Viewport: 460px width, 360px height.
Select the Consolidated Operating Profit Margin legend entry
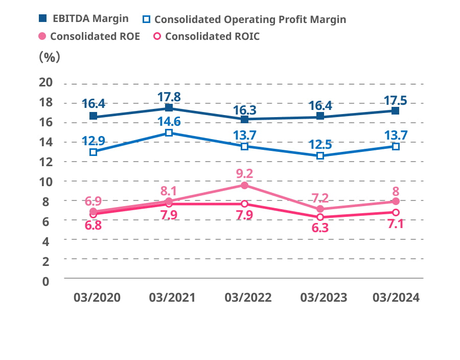coord(244,19)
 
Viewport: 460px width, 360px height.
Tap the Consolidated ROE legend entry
coord(89,36)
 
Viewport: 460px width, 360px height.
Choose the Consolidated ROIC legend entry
coord(206,36)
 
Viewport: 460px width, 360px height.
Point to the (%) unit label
coord(50,56)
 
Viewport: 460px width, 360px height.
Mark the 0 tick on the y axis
coord(47,281)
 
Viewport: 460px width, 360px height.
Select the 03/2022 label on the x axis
coord(244,298)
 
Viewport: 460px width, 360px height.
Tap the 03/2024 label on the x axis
coord(396,298)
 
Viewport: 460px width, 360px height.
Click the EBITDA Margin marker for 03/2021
coord(169,108)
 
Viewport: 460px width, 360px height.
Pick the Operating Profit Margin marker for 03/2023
coord(320,155)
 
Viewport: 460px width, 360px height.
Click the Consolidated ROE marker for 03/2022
coord(244,185)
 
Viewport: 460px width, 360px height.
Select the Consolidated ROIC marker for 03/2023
coord(320,217)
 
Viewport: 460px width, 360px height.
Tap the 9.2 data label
coord(244,173)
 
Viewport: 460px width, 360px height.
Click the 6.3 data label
coord(320,229)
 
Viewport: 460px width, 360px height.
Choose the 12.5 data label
coord(320,144)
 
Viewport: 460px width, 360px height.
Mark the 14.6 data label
coord(169,122)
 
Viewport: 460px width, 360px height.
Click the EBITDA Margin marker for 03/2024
coord(396,110)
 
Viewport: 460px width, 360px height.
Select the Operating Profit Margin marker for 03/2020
coord(93,152)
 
